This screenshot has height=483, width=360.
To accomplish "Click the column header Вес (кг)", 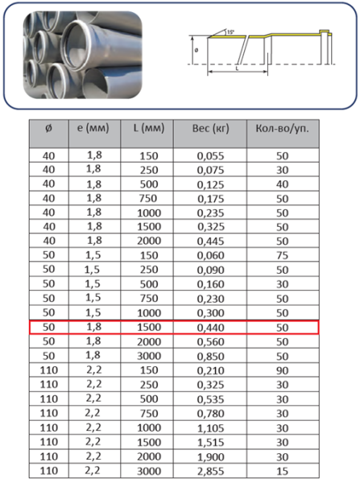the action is [x=210, y=129].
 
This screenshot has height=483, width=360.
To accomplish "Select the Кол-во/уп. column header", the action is [x=283, y=129].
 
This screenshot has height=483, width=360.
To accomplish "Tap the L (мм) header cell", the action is [x=149, y=128].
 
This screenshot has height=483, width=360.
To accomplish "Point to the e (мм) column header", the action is [x=93, y=128].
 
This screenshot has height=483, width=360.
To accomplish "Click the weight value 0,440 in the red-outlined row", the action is [x=210, y=328].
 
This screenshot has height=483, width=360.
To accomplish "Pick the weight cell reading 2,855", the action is [x=210, y=471].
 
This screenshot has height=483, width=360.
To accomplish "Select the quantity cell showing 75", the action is [x=283, y=255].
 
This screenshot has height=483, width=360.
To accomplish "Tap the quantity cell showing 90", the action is [x=283, y=370].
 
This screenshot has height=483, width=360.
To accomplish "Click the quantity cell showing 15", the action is [x=283, y=471].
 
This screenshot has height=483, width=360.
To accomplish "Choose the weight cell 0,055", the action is [x=210, y=156].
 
